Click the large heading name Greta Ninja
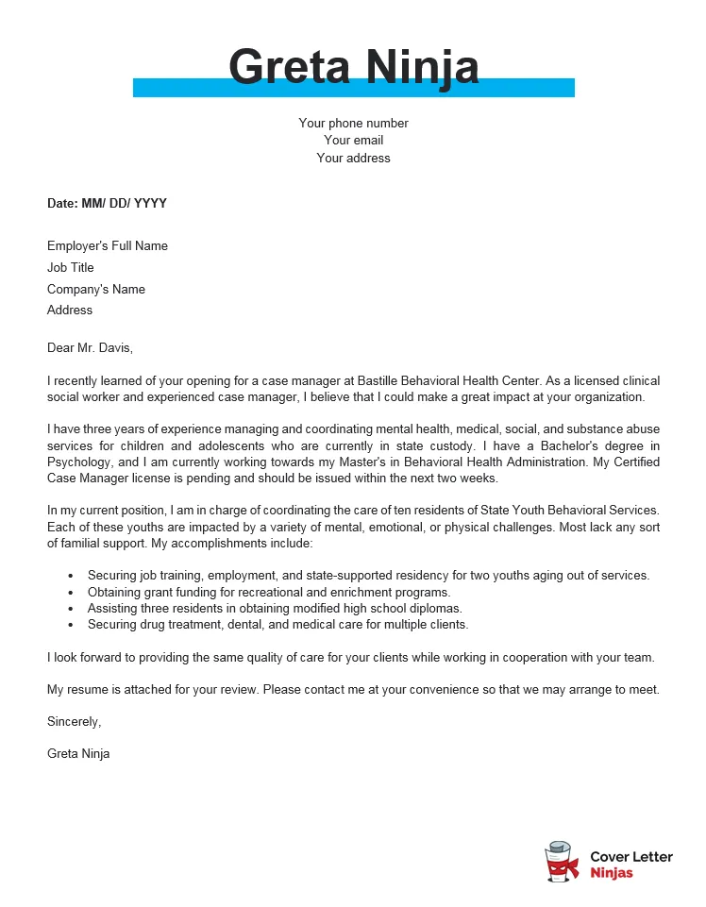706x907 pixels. [x=353, y=67]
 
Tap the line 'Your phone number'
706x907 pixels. [x=353, y=123]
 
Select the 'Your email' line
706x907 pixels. [x=353, y=141]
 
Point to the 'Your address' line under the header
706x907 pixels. [x=353, y=159]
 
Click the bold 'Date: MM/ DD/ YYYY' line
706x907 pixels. [x=107, y=203]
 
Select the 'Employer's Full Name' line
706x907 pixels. [x=108, y=246]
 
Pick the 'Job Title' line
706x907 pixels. [x=71, y=268]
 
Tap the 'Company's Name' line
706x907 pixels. [x=96, y=290]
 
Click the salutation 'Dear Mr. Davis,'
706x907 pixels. [x=91, y=347]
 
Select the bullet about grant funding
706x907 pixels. [x=269, y=592]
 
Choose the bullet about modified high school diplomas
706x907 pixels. [x=275, y=608]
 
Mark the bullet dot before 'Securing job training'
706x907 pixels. [x=72, y=576]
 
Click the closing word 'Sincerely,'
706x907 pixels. [x=74, y=722]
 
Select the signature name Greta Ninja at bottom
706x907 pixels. [x=78, y=754]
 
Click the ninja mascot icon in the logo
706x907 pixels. [x=562, y=863]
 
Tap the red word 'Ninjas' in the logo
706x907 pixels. [x=611, y=873]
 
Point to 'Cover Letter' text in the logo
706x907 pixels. [x=631, y=857]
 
